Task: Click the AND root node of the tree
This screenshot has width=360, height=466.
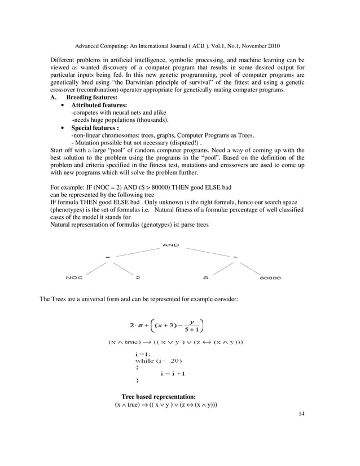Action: [x=170, y=245]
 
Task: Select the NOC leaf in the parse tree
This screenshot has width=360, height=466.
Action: [x=74, y=278]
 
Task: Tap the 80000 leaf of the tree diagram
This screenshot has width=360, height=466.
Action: [x=270, y=278]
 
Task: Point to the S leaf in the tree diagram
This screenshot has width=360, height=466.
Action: [x=205, y=278]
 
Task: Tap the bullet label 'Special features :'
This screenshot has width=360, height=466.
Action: [x=95, y=128]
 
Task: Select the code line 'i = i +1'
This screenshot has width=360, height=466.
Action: [x=173, y=373]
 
